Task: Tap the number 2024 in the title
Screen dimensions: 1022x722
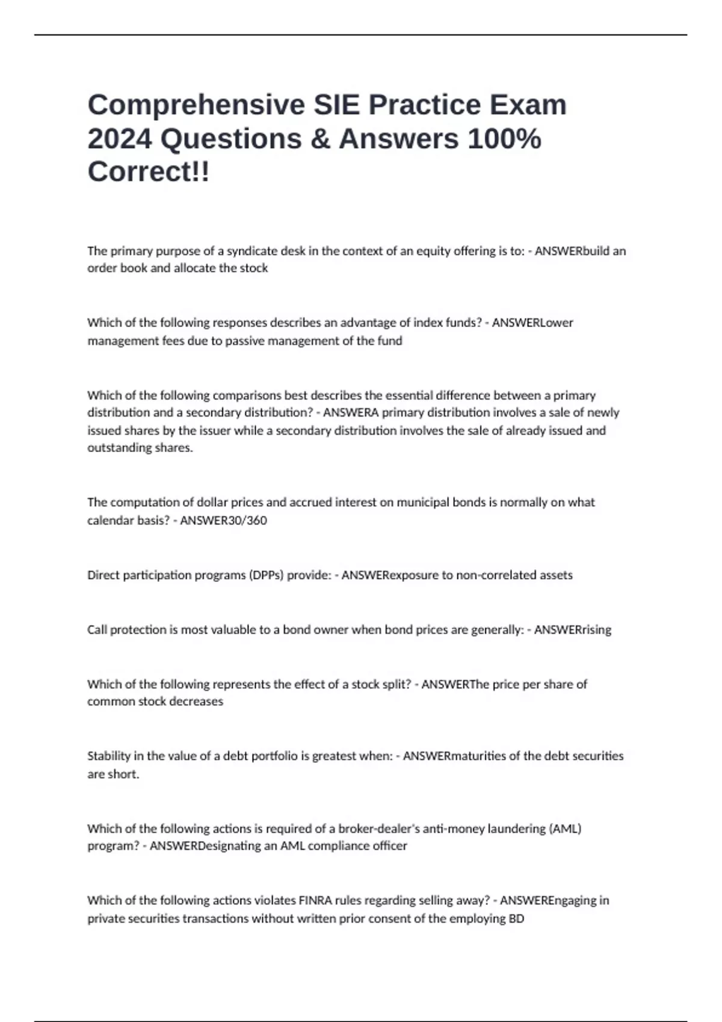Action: [x=119, y=139]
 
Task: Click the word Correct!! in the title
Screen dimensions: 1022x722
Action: [x=149, y=172]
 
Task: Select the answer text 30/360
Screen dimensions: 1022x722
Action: [x=223, y=521]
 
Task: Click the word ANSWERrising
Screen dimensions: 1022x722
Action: [x=572, y=630]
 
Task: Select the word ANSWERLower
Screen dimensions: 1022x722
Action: [x=532, y=323]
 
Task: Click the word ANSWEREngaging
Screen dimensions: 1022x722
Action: [x=554, y=901]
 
